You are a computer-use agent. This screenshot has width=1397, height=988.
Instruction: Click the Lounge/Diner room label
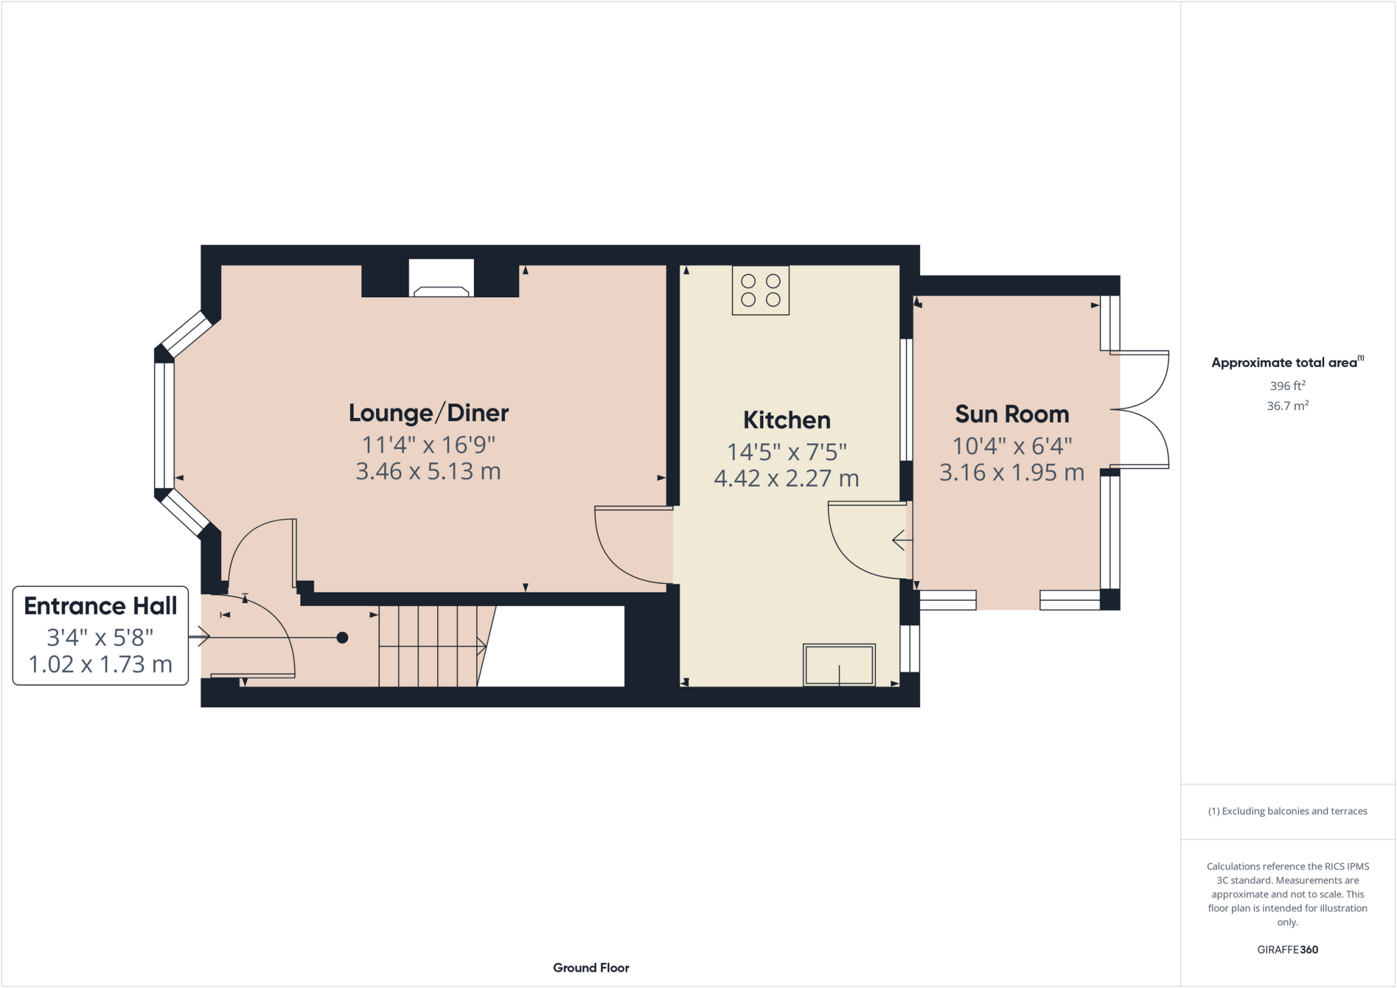tap(428, 413)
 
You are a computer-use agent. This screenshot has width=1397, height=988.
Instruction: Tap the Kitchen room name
tap(786, 420)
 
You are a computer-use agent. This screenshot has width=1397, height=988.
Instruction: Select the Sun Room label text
tap(1012, 415)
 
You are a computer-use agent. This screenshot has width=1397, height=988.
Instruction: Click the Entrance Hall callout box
tap(100, 635)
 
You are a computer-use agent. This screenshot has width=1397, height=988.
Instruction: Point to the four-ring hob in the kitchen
tap(761, 290)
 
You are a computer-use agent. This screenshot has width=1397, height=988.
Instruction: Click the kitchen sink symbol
tap(839, 665)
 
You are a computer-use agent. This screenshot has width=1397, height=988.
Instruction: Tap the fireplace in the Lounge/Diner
tap(441, 280)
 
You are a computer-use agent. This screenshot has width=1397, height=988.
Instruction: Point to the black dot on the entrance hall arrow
tap(342, 638)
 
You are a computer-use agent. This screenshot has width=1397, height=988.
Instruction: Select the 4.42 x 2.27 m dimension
tap(786, 479)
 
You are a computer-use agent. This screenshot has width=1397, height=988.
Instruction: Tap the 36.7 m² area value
tap(1287, 406)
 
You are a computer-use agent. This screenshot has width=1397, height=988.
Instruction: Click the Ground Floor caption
tap(591, 968)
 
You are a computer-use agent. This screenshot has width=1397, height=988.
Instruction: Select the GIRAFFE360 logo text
tap(1287, 949)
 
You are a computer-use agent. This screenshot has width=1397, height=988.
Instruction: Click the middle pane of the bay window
tap(164, 425)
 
